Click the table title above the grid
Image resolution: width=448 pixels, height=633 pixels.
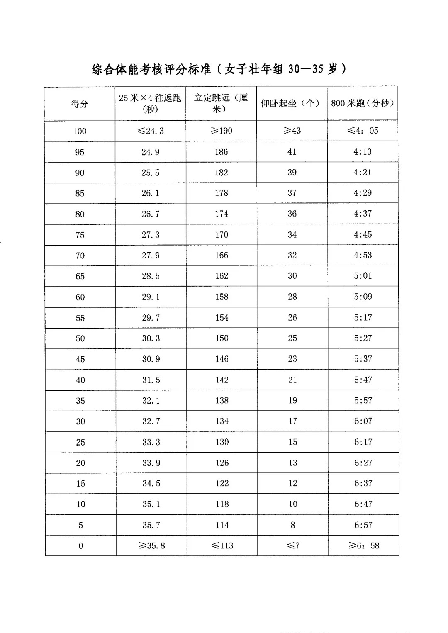[219, 69]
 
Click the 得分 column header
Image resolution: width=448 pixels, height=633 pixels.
[80, 104]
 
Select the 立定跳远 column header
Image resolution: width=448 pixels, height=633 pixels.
[221, 103]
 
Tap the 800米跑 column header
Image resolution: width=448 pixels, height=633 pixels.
[363, 103]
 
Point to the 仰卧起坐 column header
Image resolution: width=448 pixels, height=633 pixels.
[292, 103]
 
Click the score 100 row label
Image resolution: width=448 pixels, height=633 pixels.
[80, 131]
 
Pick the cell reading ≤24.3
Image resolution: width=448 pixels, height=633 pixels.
[150, 131]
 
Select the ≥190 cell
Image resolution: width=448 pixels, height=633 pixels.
[221, 131]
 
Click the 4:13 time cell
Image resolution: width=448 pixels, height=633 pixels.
[363, 151]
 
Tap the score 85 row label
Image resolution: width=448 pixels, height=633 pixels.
[80, 193]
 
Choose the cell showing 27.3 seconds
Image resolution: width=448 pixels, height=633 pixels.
[151, 235]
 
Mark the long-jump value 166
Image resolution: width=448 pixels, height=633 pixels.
[222, 255]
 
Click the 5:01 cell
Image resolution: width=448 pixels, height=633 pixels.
[363, 276]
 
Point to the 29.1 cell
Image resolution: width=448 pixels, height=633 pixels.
[151, 297]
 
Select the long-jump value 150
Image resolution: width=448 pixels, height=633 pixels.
[222, 338]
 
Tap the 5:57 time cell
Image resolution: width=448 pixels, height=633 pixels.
[363, 400]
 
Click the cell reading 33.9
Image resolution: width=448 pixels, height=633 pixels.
[151, 463]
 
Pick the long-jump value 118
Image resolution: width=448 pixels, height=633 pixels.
[222, 504]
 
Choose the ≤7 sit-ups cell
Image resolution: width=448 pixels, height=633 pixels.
[293, 545]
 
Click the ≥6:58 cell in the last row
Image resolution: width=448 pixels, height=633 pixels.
[363, 545]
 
